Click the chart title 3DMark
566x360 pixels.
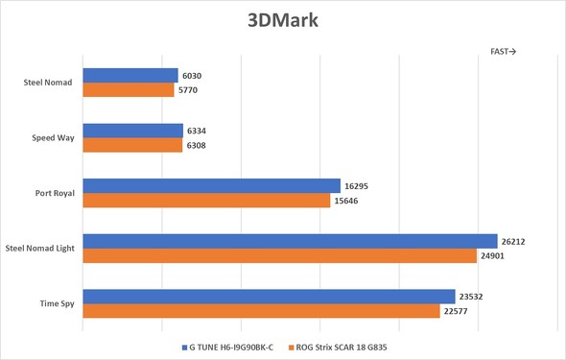[x=283, y=20]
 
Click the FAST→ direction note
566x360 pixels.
[x=504, y=52]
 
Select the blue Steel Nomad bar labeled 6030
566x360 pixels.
[x=130, y=76]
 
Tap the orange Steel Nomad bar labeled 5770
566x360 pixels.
[x=129, y=90]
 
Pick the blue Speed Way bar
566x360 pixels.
[x=132, y=131]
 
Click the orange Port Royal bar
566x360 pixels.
[x=206, y=201]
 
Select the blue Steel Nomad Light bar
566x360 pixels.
[x=290, y=241]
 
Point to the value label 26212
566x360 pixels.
[x=516, y=242]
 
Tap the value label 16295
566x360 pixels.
[x=359, y=186]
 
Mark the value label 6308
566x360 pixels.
[x=198, y=146]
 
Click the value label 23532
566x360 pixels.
[x=474, y=297]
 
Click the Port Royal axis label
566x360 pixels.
[x=54, y=193]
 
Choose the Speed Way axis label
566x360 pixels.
[x=54, y=138]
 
